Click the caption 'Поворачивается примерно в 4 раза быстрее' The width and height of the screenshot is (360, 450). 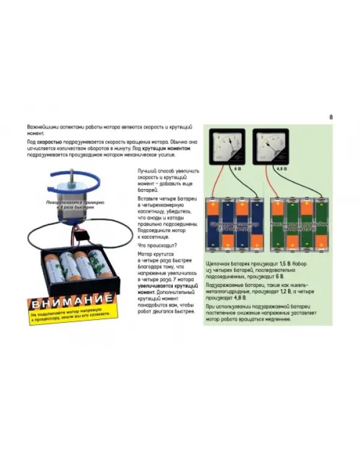tap(71, 205)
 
